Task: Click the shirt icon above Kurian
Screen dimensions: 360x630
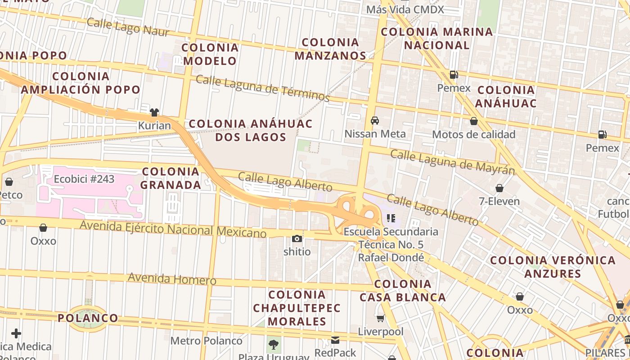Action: click(154, 112)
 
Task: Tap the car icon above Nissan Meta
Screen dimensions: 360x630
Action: click(374, 121)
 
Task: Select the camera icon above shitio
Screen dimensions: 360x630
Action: click(297, 238)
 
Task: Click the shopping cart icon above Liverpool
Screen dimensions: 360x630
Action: click(380, 319)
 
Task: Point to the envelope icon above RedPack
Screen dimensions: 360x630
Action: click(335, 340)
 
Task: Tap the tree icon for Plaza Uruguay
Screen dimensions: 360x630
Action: click(273, 345)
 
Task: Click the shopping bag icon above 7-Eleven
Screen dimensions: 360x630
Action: click(499, 188)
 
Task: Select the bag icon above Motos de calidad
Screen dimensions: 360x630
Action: click(473, 121)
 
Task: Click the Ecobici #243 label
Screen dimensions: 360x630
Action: click(84, 179)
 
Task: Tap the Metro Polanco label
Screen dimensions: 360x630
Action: click(206, 341)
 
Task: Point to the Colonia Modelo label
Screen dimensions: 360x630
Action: click(210, 54)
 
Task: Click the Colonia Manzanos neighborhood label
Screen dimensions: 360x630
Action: click(331, 49)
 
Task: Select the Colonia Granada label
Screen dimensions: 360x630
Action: click(171, 178)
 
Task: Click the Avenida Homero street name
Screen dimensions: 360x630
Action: click(172, 279)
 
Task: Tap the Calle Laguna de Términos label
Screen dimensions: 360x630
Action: click(263, 88)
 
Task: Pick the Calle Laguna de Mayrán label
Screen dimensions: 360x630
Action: click(452, 162)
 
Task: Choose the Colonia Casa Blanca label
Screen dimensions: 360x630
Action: click(403, 291)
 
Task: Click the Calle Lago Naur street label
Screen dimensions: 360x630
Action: click(128, 27)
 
